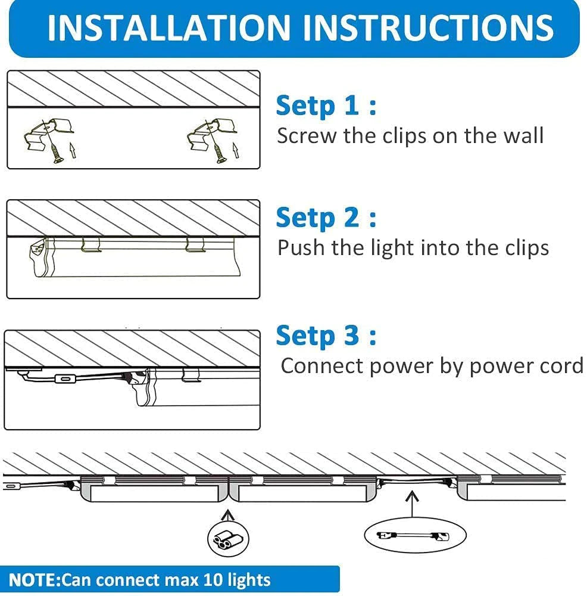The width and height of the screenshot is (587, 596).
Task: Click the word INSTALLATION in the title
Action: (x=169, y=27)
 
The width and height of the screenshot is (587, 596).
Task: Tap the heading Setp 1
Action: (x=326, y=105)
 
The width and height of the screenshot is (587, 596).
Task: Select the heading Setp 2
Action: (x=326, y=218)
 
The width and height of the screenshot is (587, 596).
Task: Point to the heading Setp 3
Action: (x=326, y=336)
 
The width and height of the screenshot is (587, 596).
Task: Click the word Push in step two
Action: (x=301, y=248)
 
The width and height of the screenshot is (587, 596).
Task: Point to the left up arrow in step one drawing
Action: (x=73, y=150)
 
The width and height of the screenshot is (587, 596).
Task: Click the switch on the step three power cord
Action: (x=65, y=378)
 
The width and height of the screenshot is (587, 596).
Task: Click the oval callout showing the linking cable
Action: (x=415, y=536)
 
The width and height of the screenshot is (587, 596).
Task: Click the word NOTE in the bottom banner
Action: (x=32, y=580)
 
